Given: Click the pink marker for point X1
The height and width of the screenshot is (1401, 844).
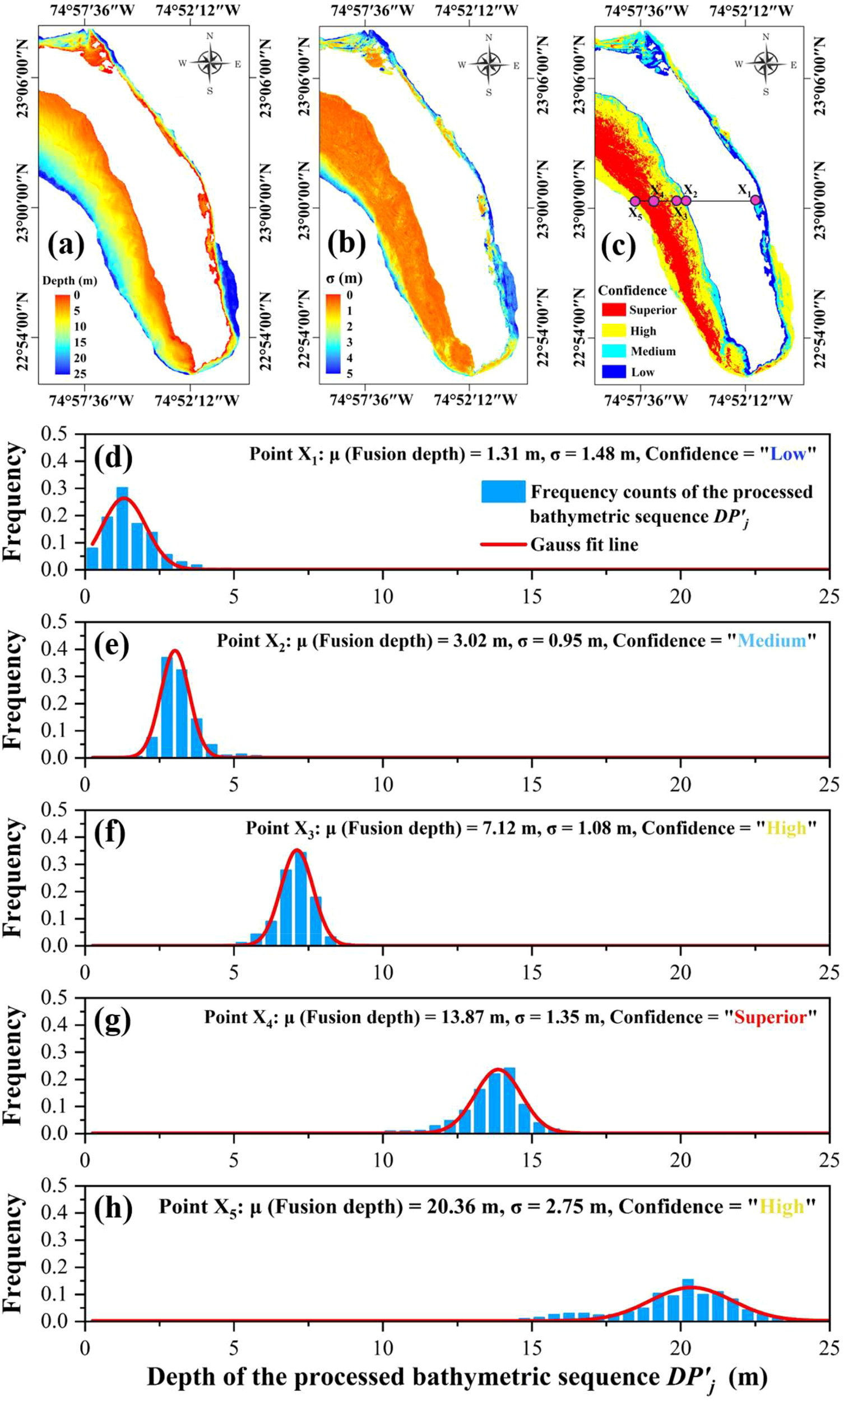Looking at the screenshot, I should pyautogui.click(x=755, y=200).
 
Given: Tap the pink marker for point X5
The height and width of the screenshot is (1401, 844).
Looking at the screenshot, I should pyautogui.click(x=635, y=201).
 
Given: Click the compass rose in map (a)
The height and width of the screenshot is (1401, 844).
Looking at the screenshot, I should pyautogui.click(x=210, y=63).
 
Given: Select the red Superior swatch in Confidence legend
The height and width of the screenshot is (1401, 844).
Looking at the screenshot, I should pyautogui.click(x=613, y=310).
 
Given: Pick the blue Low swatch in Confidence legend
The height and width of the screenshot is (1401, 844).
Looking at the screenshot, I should pyautogui.click(x=613, y=372).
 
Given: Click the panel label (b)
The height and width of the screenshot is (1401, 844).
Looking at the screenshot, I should pyautogui.click(x=346, y=244).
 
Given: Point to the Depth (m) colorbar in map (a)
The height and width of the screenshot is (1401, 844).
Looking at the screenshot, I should pyautogui.click(x=63, y=334).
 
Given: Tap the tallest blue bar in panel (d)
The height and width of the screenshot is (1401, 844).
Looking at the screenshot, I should pyautogui.click(x=122, y=527).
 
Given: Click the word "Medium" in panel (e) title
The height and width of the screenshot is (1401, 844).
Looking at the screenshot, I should pyautogui.click(x=771, y=641).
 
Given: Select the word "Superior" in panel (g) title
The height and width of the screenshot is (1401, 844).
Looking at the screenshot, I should pyautogui.click(x=770, y=1017).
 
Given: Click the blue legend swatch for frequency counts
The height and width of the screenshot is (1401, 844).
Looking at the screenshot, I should pyautogui.click(x=503, y=491).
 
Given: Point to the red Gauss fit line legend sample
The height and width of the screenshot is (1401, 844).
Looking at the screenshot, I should pyautogui.click(x=503, y=544).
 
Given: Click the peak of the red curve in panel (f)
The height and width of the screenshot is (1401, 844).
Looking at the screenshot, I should pyautogui.click(x=296, y=850).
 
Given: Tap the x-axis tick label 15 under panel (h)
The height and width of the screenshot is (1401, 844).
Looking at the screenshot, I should pyautogui.click(x=531, y=1348).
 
